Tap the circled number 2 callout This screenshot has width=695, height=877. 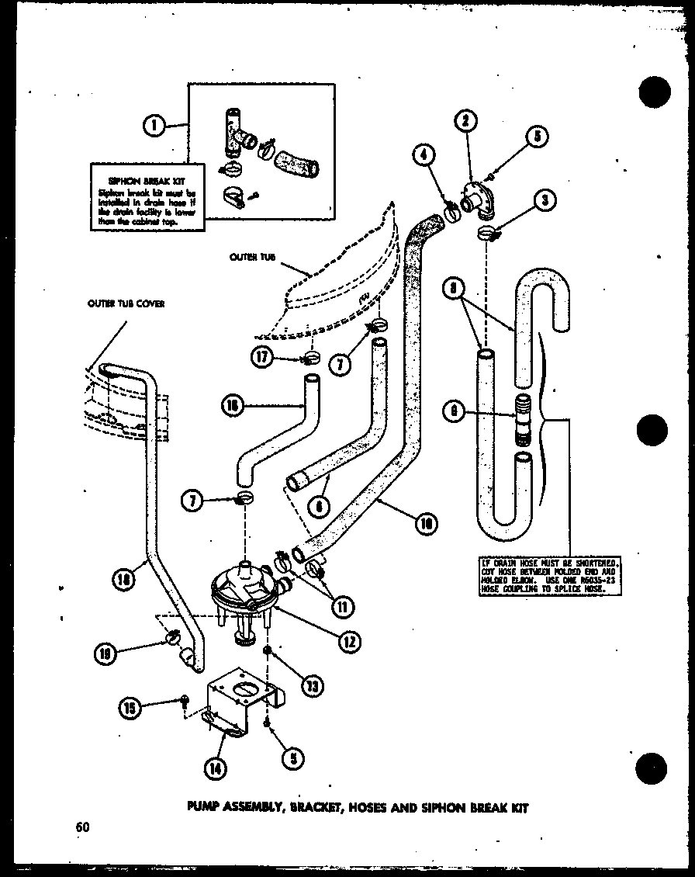(465, 120)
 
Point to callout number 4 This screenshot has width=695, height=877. (423, 154)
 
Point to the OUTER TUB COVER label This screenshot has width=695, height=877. (126, 305)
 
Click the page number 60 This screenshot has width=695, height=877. (83, 827)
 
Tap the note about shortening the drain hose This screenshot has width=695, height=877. (550, 575)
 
